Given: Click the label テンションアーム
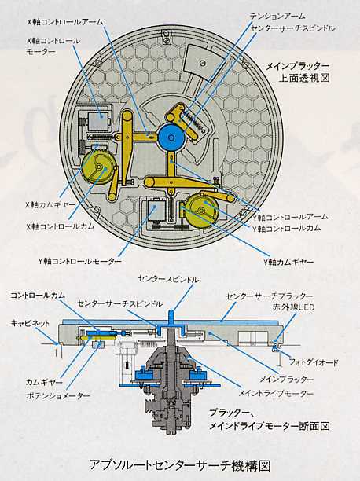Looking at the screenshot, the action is coord(277,16).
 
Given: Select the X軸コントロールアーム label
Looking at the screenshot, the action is coord(64,22).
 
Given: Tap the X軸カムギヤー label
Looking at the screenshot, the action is coord(50,204).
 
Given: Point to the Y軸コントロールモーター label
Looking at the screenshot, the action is coord(80,261).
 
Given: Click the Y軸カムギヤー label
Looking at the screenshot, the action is coord(288,262).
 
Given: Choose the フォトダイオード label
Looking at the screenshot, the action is coord(314,362).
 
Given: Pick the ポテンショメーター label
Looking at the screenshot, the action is coord(58,395).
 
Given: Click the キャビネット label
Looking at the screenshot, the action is coord(30,323).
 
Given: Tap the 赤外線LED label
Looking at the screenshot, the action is coord(293,307).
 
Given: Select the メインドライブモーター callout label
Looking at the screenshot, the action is coord(276,393).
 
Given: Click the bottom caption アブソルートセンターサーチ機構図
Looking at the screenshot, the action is coord(181,465).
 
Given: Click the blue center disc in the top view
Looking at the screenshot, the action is coord(171,137).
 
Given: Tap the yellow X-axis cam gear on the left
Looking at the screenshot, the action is coord(97,167).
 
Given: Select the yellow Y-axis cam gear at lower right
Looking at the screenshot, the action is coord(203,211).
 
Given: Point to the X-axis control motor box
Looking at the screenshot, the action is coord(98,120).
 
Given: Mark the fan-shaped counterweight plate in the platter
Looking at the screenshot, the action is coord(204,63).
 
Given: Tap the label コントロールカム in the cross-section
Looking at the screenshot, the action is coord(38,296).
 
